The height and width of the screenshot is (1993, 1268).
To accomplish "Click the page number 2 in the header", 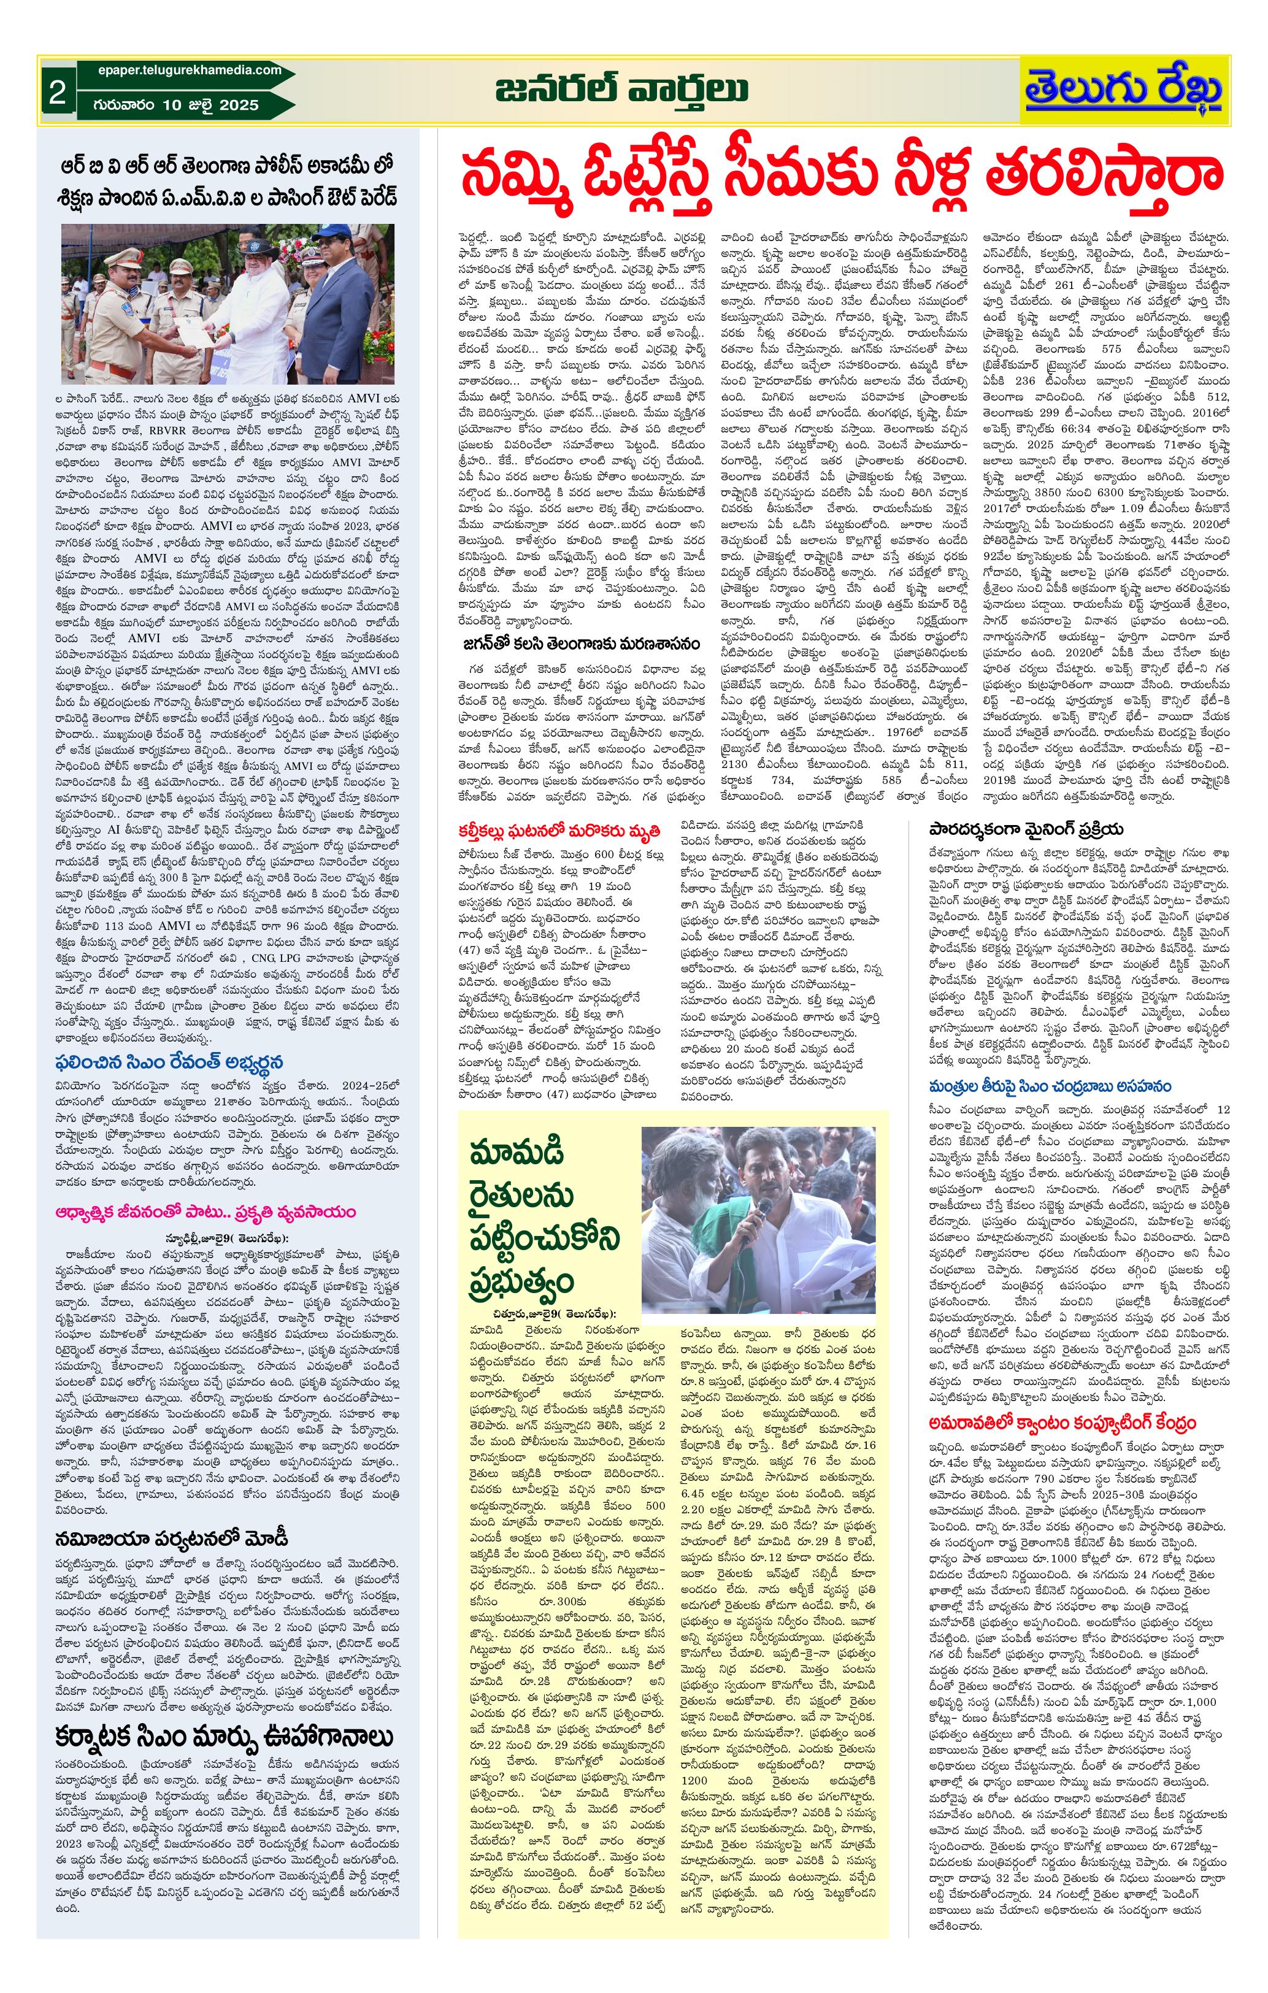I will (56, 92).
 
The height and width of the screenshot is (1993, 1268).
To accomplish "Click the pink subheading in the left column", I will (206, 1212).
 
